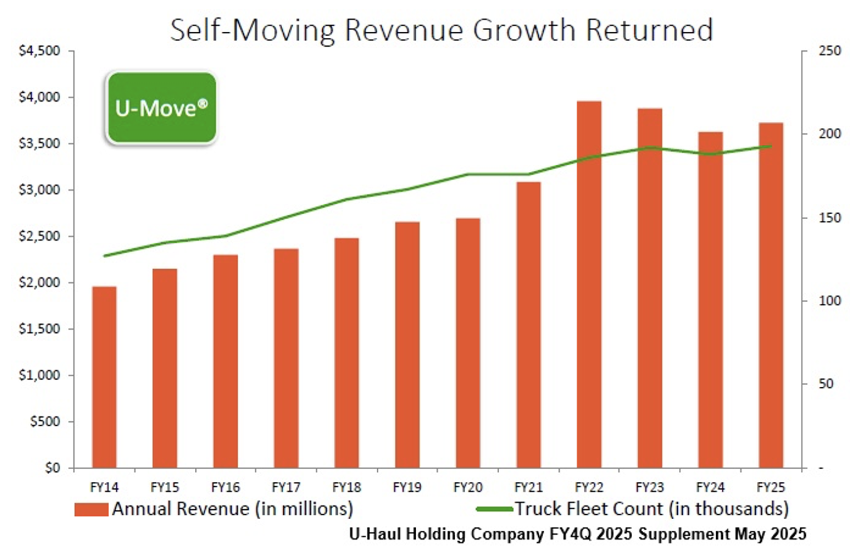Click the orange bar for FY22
point(589,284)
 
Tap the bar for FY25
point(771,295)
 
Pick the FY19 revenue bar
point(407,344)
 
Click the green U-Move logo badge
point(161,107)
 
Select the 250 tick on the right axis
point(829,51)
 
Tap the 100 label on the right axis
point(829,300)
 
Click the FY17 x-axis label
point(286,487)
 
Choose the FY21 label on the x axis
point(529,487)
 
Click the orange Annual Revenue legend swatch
point(91,509)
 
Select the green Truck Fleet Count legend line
point(494,509)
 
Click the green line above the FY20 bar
point(468,174)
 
